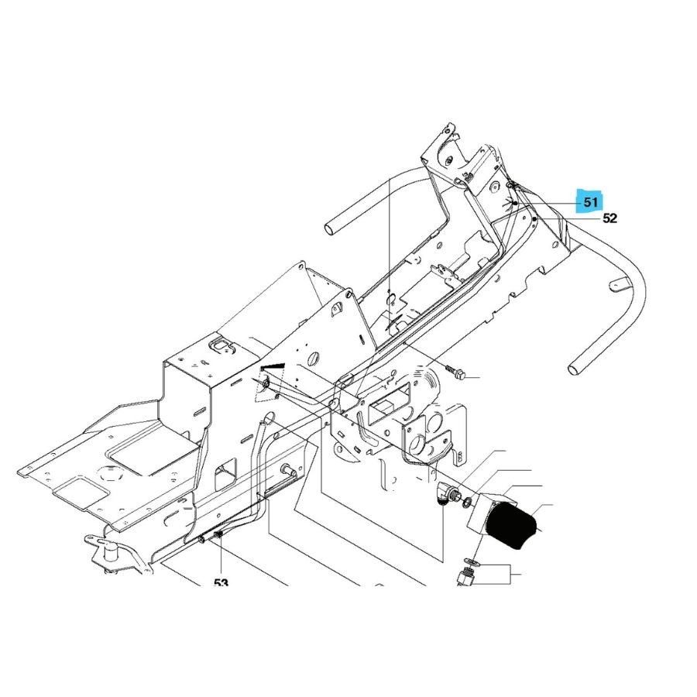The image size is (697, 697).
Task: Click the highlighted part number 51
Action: (591, 203)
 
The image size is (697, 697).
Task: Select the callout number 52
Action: (610, 218)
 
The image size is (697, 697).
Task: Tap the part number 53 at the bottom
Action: (221, 582)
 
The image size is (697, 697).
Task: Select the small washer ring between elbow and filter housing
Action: (466, 504)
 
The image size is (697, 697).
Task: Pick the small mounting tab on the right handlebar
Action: (619, 287)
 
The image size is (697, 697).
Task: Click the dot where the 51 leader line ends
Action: (515, 203)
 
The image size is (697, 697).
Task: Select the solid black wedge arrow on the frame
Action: (273, 366)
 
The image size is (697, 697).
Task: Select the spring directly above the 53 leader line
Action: (218, 537)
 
